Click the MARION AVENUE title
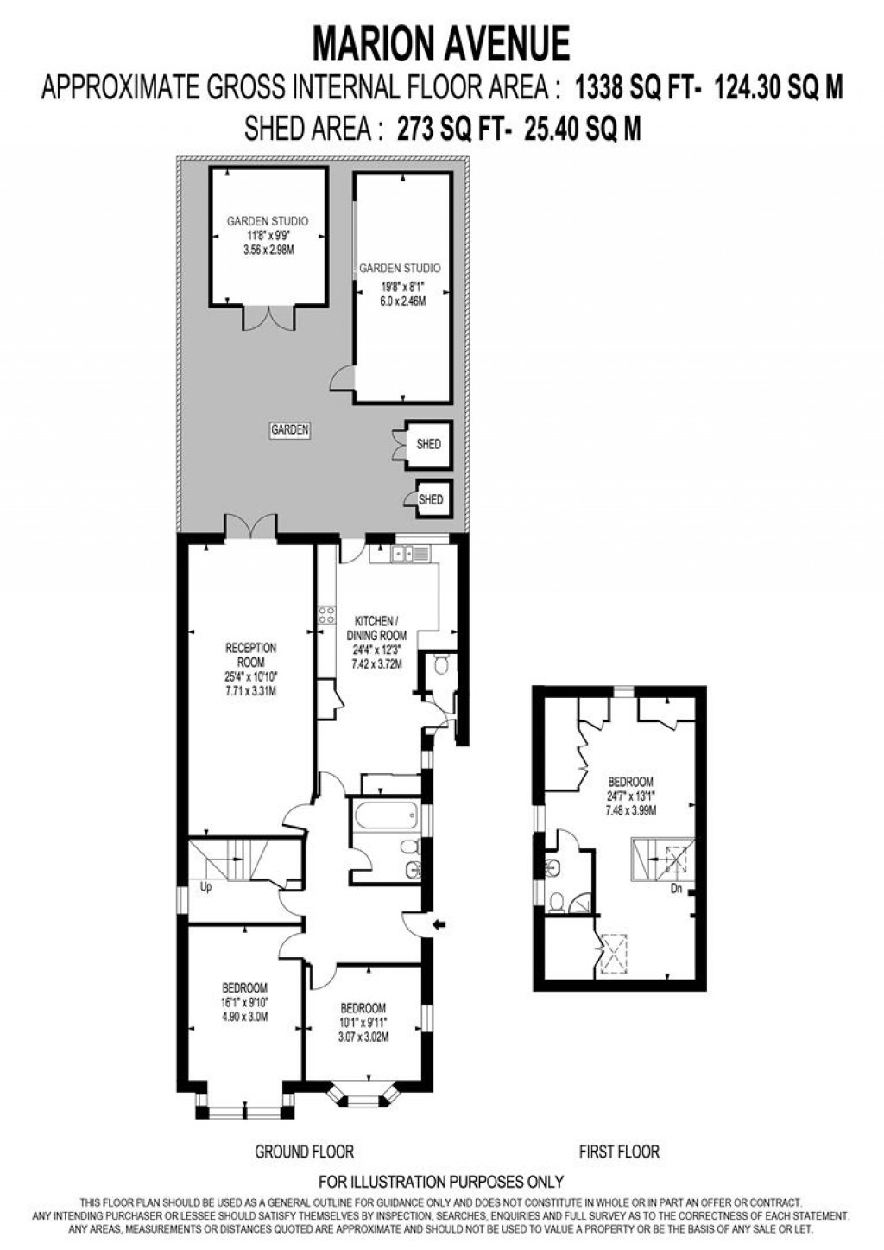(x=441, y=44)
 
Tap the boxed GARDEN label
(x=290, y=429)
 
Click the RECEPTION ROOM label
(x=250, y=654)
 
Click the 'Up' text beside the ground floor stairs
(x=205, y=887)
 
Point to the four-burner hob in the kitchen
(x=327, y=615)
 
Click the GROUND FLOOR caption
(x=304, y=1152)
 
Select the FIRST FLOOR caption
(x=619, y=1152)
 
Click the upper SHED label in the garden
(x=428, y=444)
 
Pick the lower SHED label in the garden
(x=431, y=499)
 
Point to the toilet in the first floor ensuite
(x=558, y=903)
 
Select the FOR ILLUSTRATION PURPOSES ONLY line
(x=441, y=1182)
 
